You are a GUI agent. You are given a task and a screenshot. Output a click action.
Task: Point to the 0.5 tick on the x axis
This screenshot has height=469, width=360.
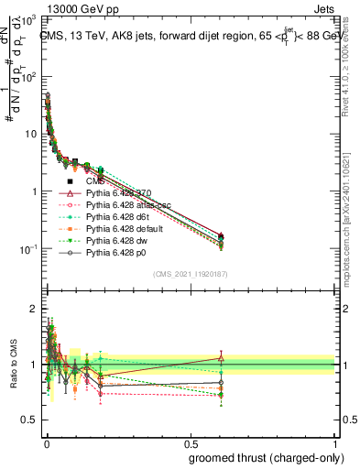[x=190, y=442]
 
